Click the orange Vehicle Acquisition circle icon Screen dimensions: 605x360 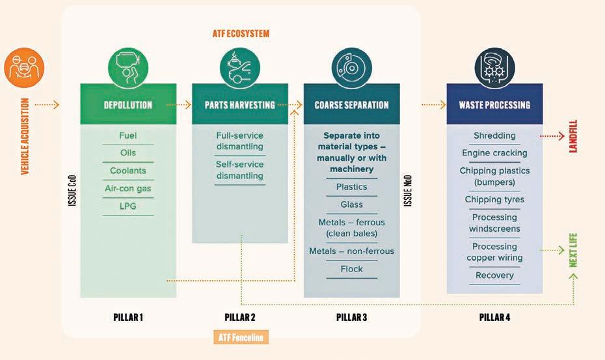pos(24,68)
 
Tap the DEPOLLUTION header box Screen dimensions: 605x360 pos(128,105)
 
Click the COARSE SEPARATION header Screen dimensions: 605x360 pos(351,105)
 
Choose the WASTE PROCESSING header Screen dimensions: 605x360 pos(494,105)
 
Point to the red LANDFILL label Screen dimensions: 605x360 pos(573,136)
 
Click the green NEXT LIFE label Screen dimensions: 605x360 pos(573,250)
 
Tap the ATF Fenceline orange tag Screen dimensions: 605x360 pos(241,337)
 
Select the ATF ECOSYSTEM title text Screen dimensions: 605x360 pos(240,33)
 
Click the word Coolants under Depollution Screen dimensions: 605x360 pos(128,171)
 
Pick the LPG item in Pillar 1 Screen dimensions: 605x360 pos(128,206)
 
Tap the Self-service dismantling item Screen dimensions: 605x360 pos(239,170)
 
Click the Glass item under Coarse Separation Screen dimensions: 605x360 pos(351,204)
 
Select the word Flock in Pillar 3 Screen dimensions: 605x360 pos(351,268)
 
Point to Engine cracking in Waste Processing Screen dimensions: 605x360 pos(494,153)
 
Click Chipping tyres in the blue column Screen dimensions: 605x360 pos(494,199)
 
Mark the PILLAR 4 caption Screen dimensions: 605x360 pos(494,318)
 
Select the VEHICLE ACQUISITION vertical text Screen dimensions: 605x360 pos(24,136)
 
